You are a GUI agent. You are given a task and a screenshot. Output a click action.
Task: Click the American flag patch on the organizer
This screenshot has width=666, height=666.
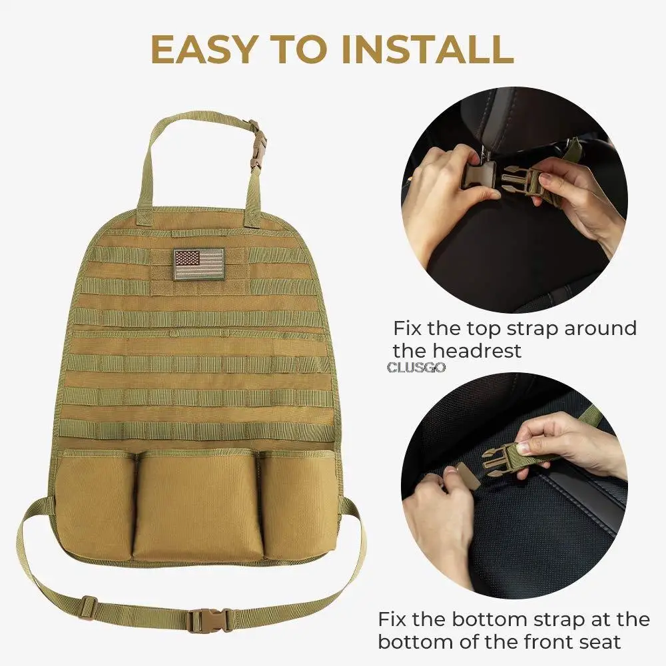(198, 264)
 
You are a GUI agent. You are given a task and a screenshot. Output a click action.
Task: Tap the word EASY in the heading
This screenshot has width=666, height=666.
(203, 49)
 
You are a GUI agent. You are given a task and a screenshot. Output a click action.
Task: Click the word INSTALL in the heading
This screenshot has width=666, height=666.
(428, 49)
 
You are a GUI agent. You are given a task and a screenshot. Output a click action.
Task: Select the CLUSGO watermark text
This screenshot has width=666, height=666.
(416, 368)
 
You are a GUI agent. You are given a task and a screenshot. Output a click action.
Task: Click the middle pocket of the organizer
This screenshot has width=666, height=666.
(198, 505)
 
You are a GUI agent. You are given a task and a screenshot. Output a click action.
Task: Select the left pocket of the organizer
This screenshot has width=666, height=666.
(95, 505)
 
